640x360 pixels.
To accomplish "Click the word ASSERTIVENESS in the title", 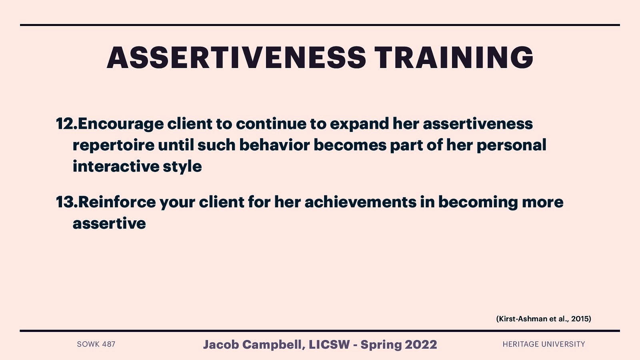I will [236, 58].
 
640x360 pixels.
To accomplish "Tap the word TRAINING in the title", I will [454, 58].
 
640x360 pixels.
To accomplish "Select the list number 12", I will [66, 124].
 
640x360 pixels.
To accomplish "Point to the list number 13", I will [66, 202].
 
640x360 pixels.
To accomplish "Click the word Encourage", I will [121, 124].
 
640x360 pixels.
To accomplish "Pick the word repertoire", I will [113, 145].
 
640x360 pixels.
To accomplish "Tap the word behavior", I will [274, 145].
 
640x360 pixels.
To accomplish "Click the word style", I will [182, 167].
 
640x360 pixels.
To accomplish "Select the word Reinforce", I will [117, 202].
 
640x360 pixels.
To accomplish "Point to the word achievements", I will [360, 202].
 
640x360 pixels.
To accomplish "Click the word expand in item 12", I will [359, 124].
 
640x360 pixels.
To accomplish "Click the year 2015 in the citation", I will [580, 319].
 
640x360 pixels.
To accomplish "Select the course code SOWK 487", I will [96, 344].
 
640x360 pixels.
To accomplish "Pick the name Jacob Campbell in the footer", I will [253, 344].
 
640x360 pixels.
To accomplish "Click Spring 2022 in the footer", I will [398, 344].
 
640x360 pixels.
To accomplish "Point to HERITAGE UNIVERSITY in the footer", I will [544, 344].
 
